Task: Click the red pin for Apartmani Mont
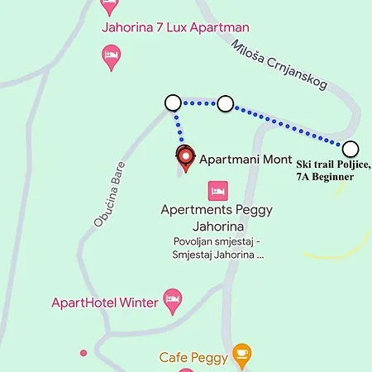pos(186,158)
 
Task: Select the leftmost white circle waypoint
pos(173,103)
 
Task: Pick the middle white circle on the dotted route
pos(225,103)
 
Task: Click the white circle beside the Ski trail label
pos(351,149)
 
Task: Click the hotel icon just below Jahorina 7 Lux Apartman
pos(111,56)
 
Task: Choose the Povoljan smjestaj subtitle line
pos(217,241)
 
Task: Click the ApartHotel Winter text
pos(104,303)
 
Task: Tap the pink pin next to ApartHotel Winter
pos(172,301)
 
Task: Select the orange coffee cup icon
pos(241,355)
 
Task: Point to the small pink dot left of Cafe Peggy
pos(83,353)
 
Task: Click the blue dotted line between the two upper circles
pos(199,103)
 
